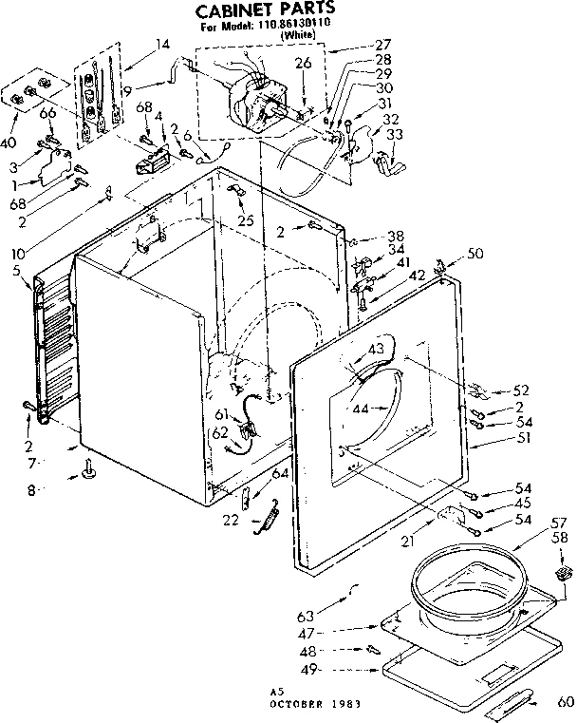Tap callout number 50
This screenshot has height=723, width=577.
tap(475, 255)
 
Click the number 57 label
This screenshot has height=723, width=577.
tap(558, 523)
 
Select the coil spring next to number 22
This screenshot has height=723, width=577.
tap(269, 520)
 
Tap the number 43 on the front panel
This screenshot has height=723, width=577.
tap(376, 350)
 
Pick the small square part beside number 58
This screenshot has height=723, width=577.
tap(561, 572)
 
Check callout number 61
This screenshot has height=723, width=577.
tap(220, 414)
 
